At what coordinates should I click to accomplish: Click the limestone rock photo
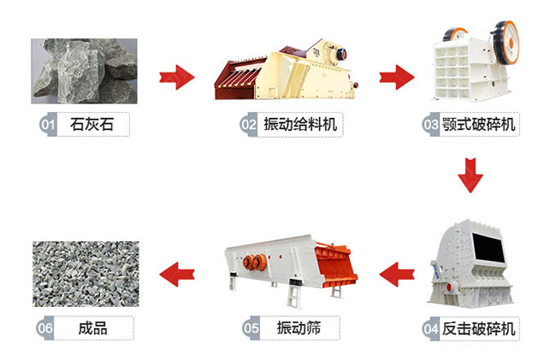[84, 71]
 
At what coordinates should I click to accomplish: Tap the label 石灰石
[92, 124]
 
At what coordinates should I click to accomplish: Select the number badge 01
[48, 124]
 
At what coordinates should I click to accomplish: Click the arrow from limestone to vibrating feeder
[176, 77]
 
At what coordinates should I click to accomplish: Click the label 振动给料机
[299, 125]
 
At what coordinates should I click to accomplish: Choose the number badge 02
[248, 124]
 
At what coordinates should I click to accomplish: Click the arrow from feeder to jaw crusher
[396, 77]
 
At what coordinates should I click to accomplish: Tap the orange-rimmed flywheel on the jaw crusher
[506, 42]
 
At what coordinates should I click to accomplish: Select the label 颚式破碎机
[478, 125]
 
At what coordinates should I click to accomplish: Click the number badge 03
[430, 124]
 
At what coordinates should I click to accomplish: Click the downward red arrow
[470, 176]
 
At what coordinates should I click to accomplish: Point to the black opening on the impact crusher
[488, 249]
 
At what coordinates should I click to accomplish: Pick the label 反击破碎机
[478, 329]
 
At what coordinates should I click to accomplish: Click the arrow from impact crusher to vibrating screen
[397, 274]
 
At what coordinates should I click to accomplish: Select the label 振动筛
[299, 328]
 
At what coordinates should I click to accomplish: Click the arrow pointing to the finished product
[177, 274]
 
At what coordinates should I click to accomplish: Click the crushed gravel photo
[86, 274]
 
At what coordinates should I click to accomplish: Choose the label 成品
[92, 328]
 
